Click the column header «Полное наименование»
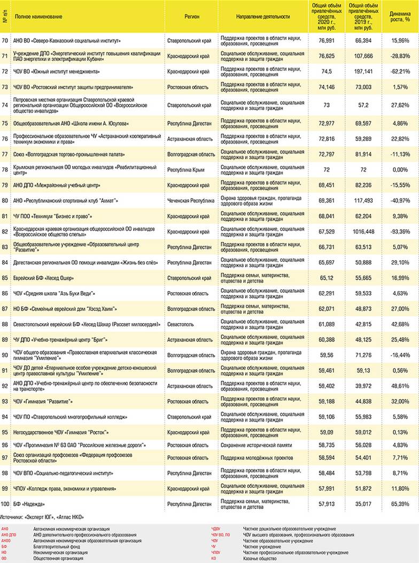tap(38, 17)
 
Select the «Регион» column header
tap(192, 17)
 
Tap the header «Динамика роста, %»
tap(400, 17)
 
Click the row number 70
tap(5, 41)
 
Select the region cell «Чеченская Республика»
tap(187, 201)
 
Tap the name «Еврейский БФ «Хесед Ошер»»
tap(43, 278)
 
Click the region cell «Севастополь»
tap(180, 324)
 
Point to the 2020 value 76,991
tap(326, 41)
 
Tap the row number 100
tap(5, 504)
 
